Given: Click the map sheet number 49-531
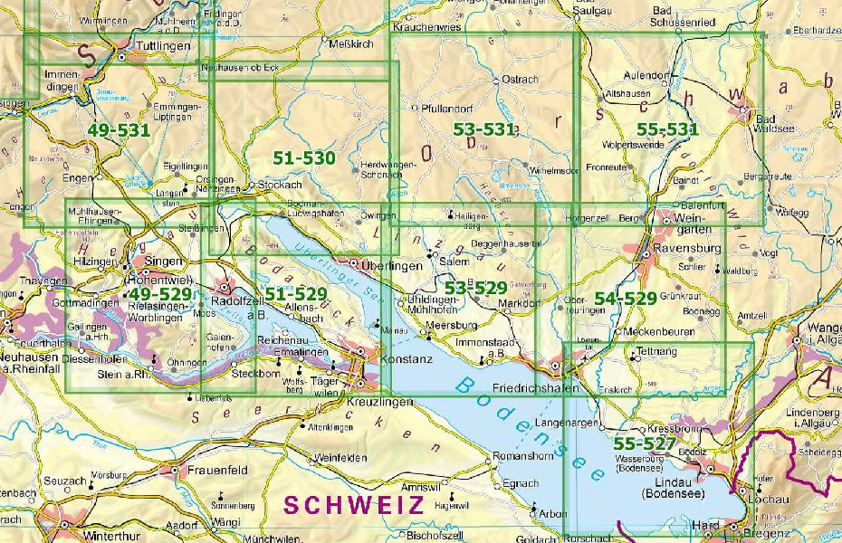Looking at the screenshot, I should (x=119, y=130).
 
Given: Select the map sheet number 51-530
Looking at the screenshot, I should (x=304, y=157).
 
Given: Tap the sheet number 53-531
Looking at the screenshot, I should (x=484, y=130).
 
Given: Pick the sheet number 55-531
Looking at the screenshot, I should (x=668, y=130).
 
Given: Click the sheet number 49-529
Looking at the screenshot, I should (x=159, y=295).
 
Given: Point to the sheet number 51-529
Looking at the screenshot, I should (x=295, y=295).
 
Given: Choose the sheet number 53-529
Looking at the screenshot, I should (x=475, y=288).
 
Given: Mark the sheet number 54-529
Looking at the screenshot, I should (x=625, y=299).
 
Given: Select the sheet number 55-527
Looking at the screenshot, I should (x=644, y=443).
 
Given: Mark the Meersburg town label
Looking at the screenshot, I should (x=450, y=325).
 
